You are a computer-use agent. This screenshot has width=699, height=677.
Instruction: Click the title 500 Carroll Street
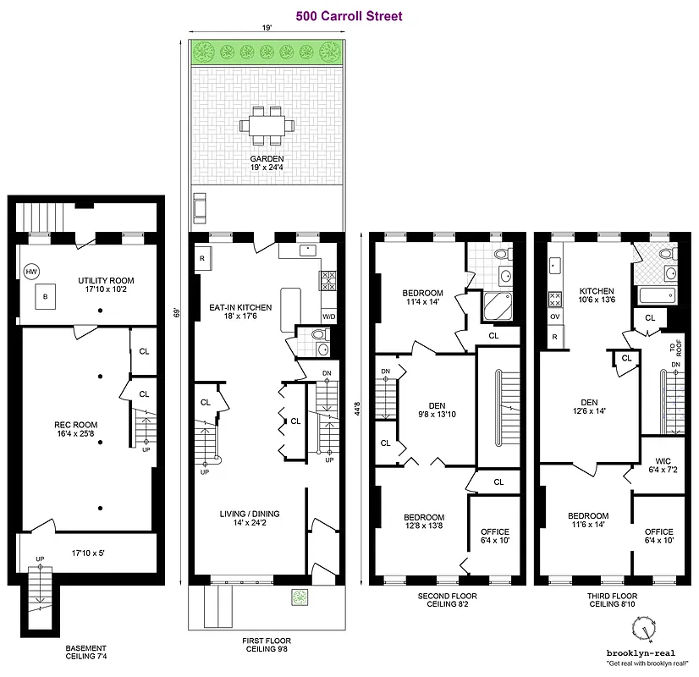349,15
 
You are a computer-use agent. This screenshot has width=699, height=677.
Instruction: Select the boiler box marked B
45,297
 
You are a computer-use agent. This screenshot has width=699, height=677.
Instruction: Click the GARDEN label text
267,159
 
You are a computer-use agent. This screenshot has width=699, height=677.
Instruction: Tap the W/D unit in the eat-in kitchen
327,317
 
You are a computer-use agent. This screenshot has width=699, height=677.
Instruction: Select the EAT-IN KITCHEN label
241,307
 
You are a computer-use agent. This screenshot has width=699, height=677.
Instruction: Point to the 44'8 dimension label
359,409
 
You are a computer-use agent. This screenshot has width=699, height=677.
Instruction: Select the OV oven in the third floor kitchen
555,317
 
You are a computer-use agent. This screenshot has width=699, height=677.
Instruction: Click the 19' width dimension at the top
267,28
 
